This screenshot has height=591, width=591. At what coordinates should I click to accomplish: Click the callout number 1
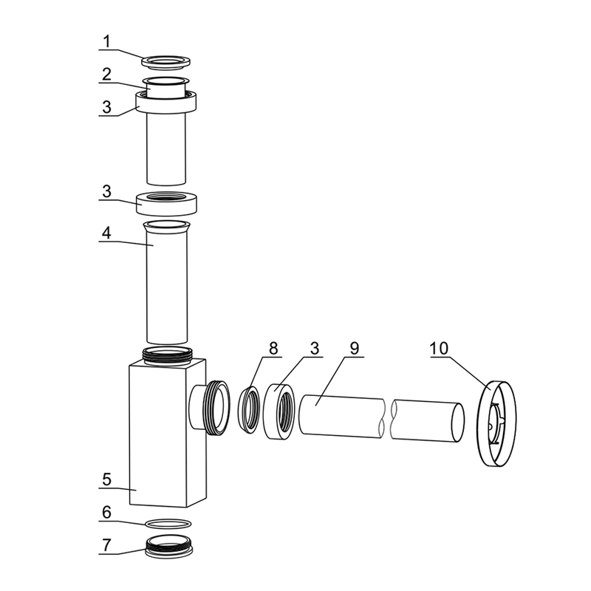pos(107,41)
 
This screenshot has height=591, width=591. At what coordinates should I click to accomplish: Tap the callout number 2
pos(107,75)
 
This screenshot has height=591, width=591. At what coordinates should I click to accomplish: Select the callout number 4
pos(107,233)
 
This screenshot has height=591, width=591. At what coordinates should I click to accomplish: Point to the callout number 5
pos(107,479)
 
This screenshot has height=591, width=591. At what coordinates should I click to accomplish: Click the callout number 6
pos(107,513)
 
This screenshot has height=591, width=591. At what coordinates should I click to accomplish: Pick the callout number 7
pos(107,545)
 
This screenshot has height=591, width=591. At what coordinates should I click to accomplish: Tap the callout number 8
pos(273,348)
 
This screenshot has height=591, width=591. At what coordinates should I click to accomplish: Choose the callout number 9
pos(355,348)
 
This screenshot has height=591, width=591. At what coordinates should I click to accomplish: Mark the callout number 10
pos(439,348)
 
